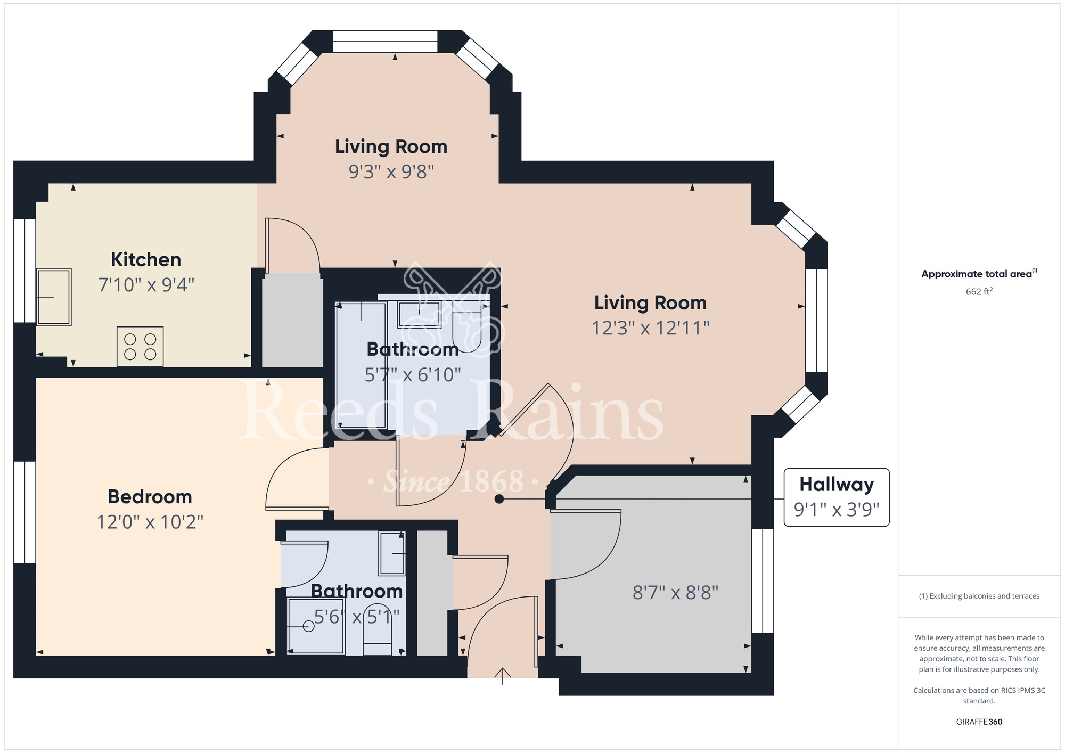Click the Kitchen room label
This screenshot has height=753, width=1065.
[x=146, y=259]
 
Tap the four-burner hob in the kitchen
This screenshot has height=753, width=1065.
[x=140, y=347]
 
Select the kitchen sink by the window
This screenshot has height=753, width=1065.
[x=54, y=297]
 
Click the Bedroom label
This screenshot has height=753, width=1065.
[x=150, y=496]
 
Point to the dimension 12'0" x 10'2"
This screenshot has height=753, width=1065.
[x=150, y=522]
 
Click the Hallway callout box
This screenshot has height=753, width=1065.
[x=837, y=497]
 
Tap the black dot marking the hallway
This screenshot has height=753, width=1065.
[x=499, y=499]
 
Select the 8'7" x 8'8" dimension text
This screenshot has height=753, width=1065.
[x=675, y=592]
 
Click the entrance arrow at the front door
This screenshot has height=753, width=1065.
[x=503, y=676]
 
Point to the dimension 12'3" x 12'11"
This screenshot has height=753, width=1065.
[x=651, y=328]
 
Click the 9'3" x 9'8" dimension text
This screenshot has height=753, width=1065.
[x=391, y=171]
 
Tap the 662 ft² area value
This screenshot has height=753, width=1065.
[x=979, y=291]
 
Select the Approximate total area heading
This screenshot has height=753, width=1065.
[x=979, y=274]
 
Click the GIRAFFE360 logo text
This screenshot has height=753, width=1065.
[x=979, y=722]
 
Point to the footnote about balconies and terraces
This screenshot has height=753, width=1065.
[x=979, y=596]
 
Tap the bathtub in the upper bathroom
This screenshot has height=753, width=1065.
[x=361, y=365]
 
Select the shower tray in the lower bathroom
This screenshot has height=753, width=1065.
[x=315, y=626]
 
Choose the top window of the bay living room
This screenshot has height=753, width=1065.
[x=385, y=42]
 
